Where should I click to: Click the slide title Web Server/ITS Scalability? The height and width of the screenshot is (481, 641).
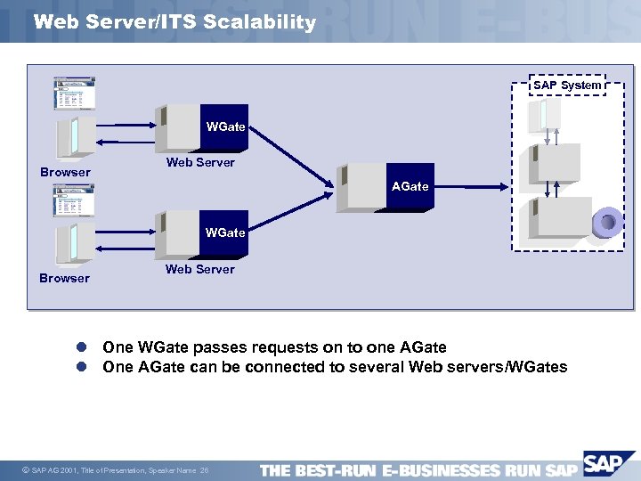[x=174, y=22]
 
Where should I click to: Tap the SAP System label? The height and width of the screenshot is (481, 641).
[x=567, y=86]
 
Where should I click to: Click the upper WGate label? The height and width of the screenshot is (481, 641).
[x=225, y=126]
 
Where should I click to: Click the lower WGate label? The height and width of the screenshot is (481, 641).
[x=224, y=232]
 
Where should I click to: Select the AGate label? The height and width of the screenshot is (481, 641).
[x=410, y=186]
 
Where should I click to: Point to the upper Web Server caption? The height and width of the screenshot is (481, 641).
[x=200, y=162]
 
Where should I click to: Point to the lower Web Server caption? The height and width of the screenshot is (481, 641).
[x=200, y=269]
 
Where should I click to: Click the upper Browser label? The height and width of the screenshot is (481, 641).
[x=65, y=172]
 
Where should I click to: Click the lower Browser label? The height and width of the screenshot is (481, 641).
[x=65, y=278]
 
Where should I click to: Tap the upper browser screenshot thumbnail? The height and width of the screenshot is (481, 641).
[x=75, y=94]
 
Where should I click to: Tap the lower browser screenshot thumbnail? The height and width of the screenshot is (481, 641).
[x=75, y=200]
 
